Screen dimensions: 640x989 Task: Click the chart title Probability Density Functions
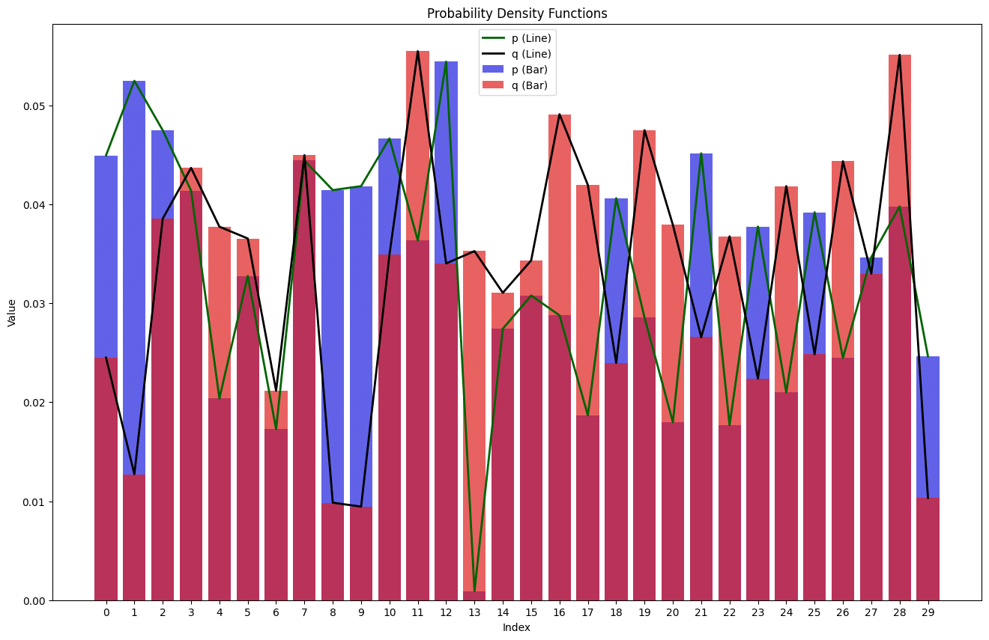click(x=517, y=13)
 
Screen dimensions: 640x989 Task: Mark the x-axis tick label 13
click(x=474, y=612)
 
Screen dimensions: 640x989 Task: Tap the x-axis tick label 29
click(x=928, y=612)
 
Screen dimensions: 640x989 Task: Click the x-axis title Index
click(x=516, y=627)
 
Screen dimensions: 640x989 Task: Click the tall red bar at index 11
click(x=417, y=150)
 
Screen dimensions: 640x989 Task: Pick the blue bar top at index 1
click(x=134, y=82)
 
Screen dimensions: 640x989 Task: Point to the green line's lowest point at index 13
click(x=474, y=591)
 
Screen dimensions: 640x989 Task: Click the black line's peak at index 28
click(x=899, y=55)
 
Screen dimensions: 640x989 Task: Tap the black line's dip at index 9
click(x=361, y=507)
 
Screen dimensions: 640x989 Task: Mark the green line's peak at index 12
click(x=446, y=62)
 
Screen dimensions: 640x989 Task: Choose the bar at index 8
click(x=333, y=374)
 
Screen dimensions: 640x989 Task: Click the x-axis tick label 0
click(x=106, y=612)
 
